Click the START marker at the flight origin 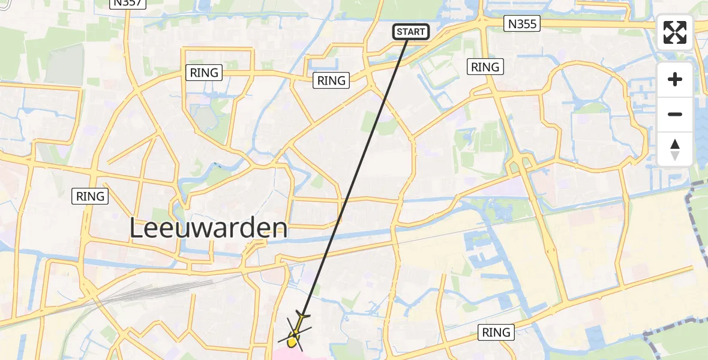click(x=411, y=32)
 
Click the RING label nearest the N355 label click(x=485, y=67)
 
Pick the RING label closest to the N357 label click(x=205, y=73)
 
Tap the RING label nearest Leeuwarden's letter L click(x=91, y=196)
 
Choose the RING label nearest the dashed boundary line click(x=496, y=332)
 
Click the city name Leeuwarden click(x=209, y=229)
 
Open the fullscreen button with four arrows click(x=675, y=32)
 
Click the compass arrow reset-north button click(x=675, y=149)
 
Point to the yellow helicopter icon click(x=295, y=335)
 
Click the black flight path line click(x=360, y=168)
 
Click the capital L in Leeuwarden click(x=137, y=229)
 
